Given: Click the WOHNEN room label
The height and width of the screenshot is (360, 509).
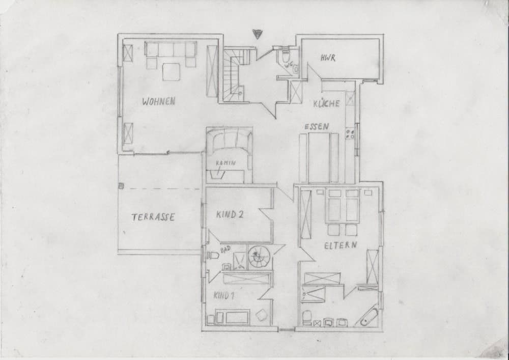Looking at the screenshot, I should pyautogui.click(x=159, y=101).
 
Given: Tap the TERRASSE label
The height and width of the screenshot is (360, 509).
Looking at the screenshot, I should pyautogui.click(x=153, y=217).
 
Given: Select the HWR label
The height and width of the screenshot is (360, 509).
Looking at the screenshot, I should pyautogui.click(x=328, y=58).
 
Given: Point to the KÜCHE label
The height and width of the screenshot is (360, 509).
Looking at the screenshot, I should pyautogui.click(x=327, y=103).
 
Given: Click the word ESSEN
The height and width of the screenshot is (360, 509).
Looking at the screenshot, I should pyautogui.click(x=316, y=126).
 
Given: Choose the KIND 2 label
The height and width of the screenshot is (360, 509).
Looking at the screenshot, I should pyautogui.click(x=230, y=215).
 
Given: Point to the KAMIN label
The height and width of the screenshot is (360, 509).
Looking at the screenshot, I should pyautogui.click(x=225, y=163).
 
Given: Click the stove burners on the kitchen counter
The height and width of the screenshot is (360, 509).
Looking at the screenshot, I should pyautogui.click(x=350, y=134).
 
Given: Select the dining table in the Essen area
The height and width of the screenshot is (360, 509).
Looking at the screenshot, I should pyautogui.click(x=319, y=157).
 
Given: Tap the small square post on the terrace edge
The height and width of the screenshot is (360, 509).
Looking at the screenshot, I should pyautogui.click(x=121, y=185).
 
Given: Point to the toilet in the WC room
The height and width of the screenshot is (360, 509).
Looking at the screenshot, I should pyautogui.click(x=285, y=56).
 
